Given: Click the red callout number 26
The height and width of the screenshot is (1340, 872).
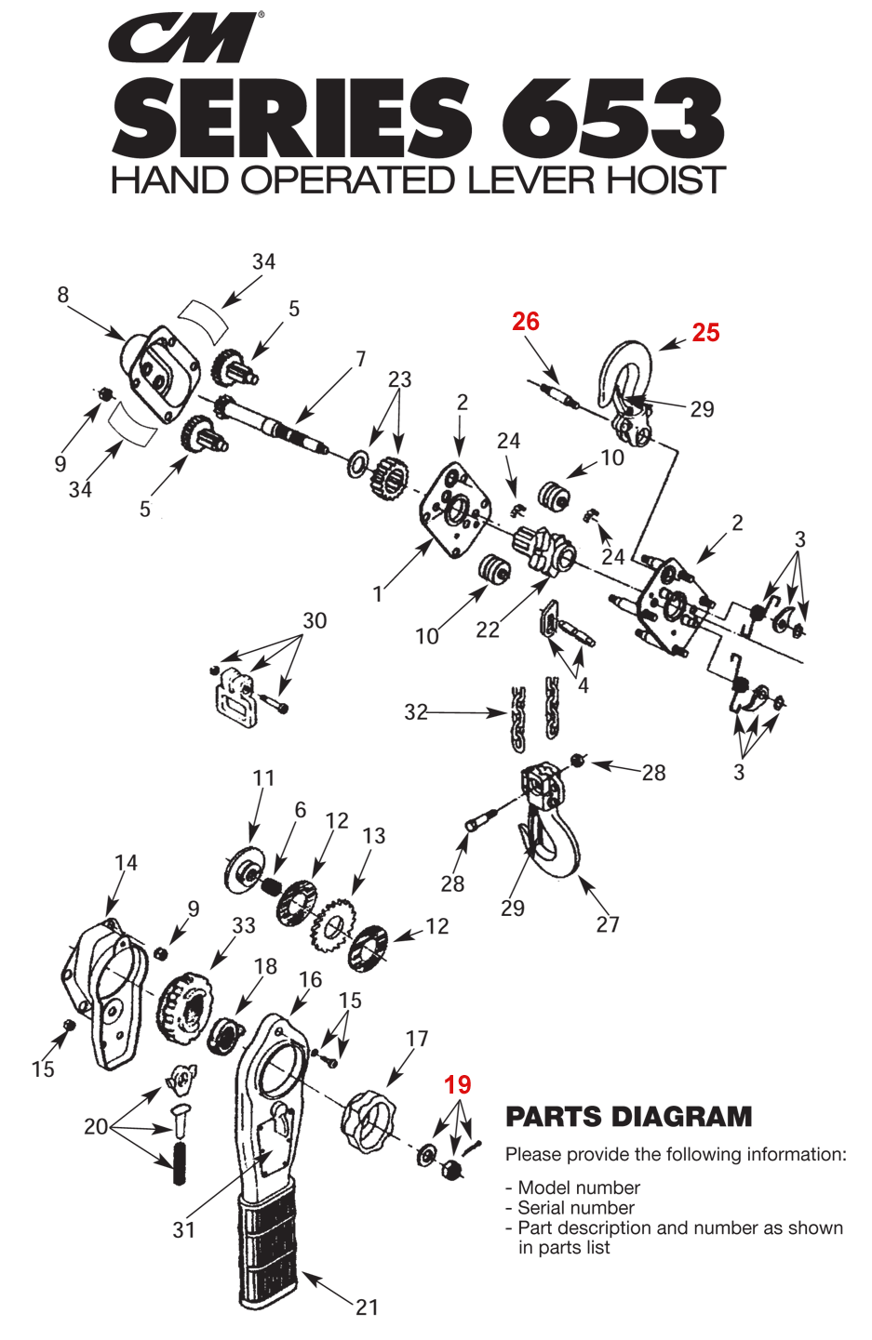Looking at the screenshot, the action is tap(525, 322).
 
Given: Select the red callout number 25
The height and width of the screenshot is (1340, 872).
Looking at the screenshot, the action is tap(705, 333).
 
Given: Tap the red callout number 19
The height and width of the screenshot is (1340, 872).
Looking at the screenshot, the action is tap(458, 1084).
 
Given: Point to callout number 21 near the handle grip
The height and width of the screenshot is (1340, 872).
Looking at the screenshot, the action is tap(367, 1307).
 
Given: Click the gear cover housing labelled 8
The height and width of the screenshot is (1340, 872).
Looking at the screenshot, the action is tap(160, 375).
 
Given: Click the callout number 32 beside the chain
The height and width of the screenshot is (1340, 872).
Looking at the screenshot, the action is tap(415, 712).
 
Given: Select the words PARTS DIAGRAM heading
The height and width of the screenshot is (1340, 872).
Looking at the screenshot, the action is tap(628, 1116).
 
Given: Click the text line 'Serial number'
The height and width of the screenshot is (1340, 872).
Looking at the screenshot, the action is tap(576, 1207).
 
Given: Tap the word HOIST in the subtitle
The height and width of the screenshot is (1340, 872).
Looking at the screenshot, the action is tap(665, 179).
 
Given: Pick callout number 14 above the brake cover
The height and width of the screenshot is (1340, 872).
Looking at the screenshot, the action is tap(126, 862).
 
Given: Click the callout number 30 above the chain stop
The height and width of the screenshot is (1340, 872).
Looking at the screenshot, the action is tap(315, 620).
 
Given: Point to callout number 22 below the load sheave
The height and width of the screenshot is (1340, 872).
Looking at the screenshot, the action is tap(487, 630).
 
